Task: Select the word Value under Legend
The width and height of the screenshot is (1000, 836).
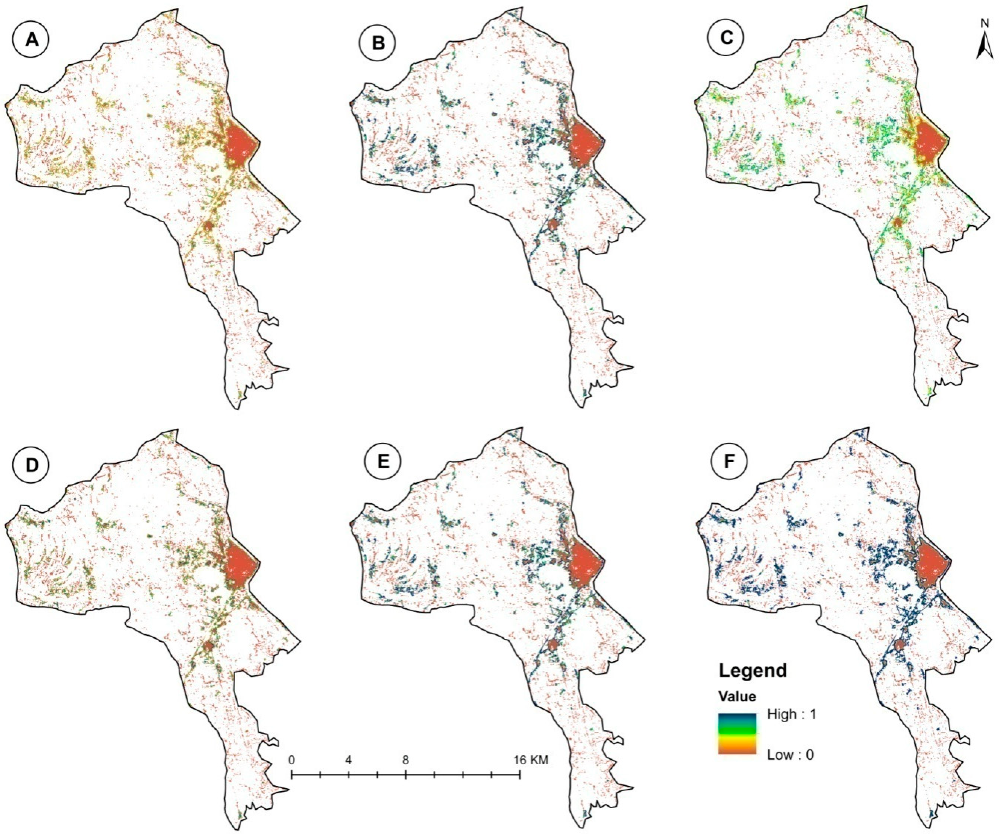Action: tap(737, 696)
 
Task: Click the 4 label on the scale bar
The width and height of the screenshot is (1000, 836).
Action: tap(349, 760)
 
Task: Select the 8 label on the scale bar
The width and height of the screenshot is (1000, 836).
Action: tap(406, 760)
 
